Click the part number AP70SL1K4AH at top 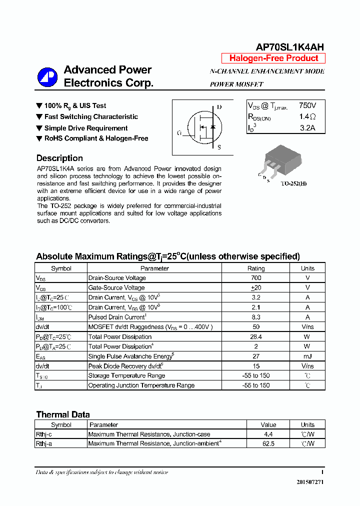(289, 47)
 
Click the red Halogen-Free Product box (273, 58)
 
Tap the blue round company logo (47, 77)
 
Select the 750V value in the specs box (307, 105)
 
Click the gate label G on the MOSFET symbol (179, 133)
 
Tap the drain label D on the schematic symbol (218, 107)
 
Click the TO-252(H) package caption (293, 183)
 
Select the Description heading (59, 158)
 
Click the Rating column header (256, 268)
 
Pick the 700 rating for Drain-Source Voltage (256, 278)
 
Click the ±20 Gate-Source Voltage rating (256, 287)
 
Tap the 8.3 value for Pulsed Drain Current (256, 317)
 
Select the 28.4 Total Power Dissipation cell (256, 337)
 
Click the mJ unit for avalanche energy (307, 356)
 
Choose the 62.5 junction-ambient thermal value (268, 443)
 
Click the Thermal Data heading (63, 414)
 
